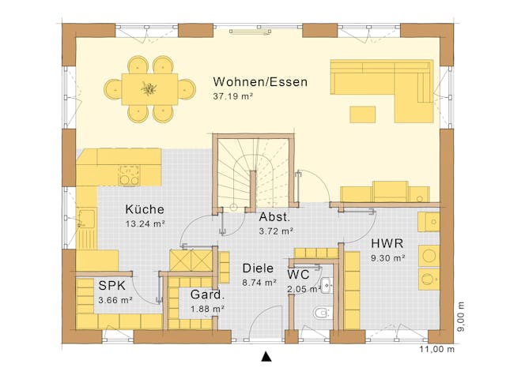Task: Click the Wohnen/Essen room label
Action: pyautogui.click(x=260, y=81)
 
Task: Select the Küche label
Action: pyautogui.click(x=144, y=209)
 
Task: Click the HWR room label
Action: pyautogui.click(x=387, y=243)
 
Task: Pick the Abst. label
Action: pyautogui.click(x=275, y=216)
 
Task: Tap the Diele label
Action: pyautogui.click(x=258, y=268)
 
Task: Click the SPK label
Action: pyautogui.click(x=114, y=286)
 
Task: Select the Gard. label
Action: pyautogui.click(x=207, y=295)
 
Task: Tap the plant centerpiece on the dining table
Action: pyautogui.click(x=149, y=88)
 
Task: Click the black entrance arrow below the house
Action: pyautogui.click(x=266, y=357)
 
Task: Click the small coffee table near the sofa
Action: pyautogui.click(x=364, y=114)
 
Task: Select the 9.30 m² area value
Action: pyautogui.click(x=387, y=257)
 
